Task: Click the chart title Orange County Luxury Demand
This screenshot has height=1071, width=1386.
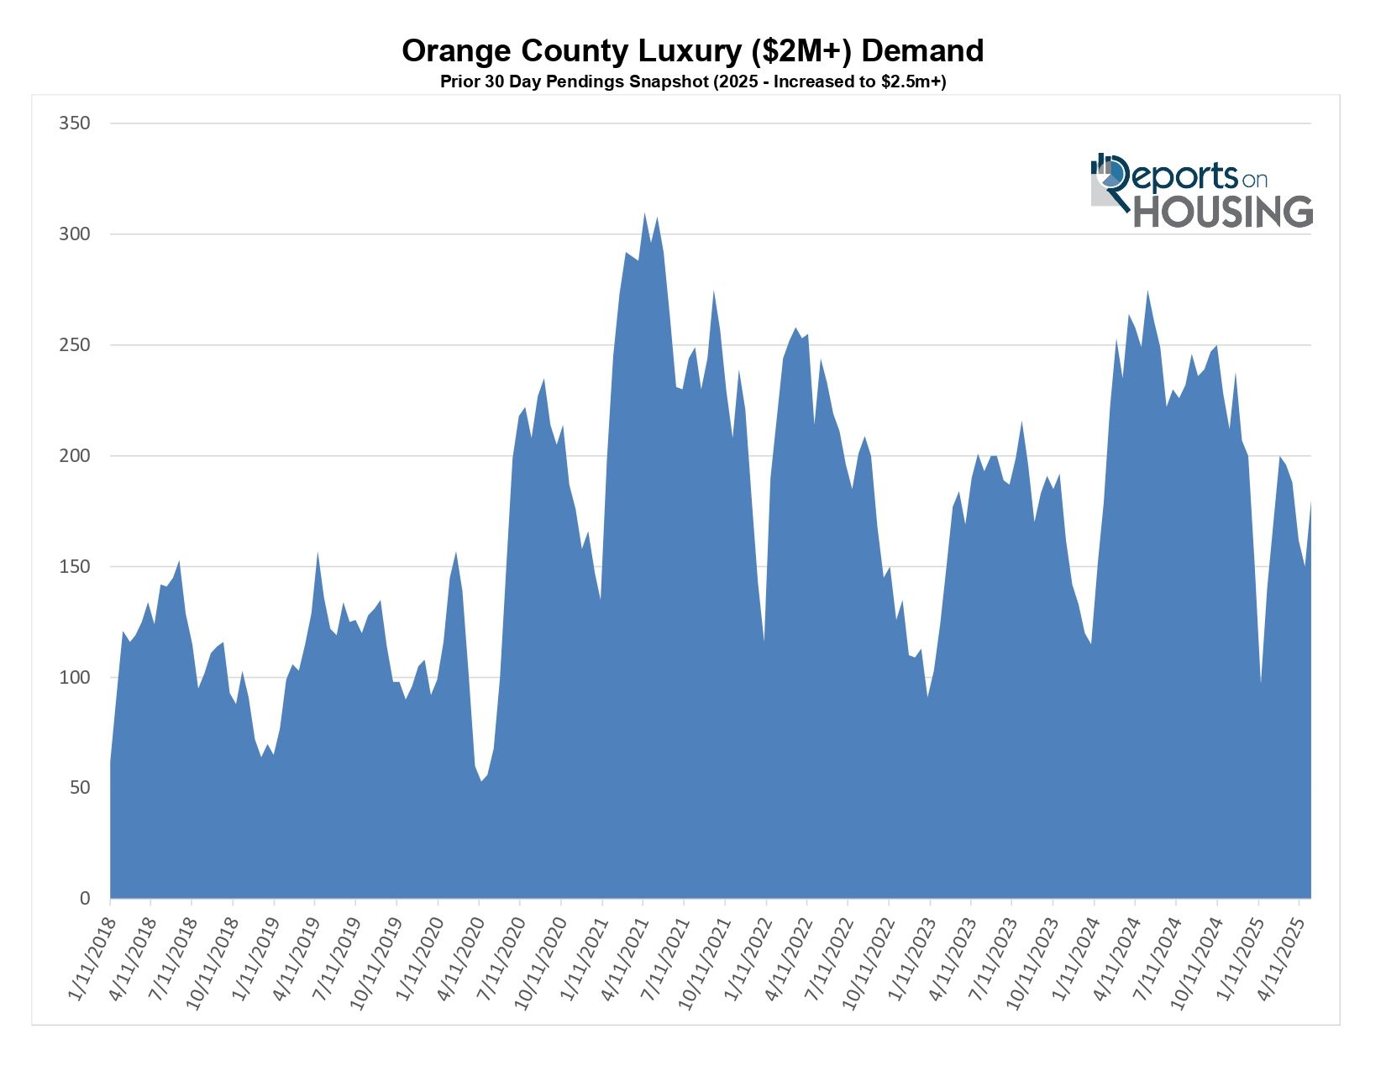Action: click(692, 51)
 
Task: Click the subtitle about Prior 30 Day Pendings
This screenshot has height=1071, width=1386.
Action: click(692, 82)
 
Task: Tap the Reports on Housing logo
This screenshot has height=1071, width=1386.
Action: click(1201, 191)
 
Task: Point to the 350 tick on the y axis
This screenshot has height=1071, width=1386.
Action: click(74, 123)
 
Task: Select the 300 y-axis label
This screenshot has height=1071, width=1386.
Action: click(74, 234)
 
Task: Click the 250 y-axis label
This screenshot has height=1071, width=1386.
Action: click(74, 345)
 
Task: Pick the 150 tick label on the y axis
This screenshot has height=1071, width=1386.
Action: click(74, 567)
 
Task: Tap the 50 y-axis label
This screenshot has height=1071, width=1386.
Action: click(78, 788)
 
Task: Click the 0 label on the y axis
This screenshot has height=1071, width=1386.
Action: click(84, 899)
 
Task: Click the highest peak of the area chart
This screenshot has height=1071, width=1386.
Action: click(644, 213)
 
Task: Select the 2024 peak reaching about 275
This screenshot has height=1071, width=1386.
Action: click(1147, 291)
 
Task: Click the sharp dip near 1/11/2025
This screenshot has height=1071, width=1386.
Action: click(1260, 682)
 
